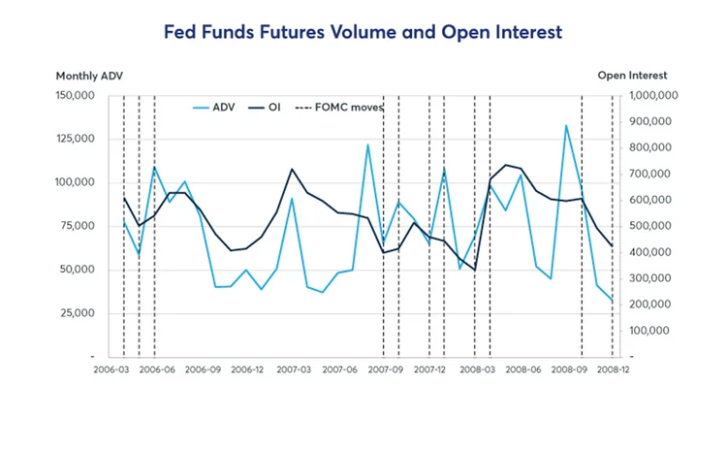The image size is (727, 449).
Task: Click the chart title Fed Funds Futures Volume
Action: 363,33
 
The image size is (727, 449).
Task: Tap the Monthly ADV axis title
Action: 89,76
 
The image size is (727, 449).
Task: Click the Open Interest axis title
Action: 632,76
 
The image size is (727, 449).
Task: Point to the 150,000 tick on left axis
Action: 75,95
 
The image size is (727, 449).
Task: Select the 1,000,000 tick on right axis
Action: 653,95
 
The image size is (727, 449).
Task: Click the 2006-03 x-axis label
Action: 111,369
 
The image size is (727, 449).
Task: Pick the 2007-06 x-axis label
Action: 339,369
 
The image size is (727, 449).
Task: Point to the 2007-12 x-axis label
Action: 430,369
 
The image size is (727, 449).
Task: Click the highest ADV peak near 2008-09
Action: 566,125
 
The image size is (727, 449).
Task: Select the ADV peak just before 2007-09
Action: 367,144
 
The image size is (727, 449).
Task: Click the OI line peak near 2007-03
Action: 292,169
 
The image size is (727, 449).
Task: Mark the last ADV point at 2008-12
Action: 613,301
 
